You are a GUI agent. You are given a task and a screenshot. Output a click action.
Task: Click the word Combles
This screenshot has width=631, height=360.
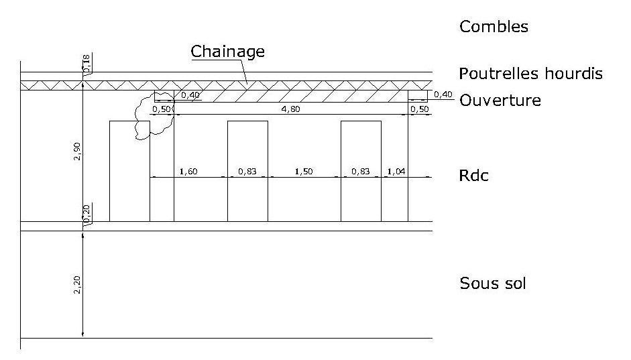click(494, 27)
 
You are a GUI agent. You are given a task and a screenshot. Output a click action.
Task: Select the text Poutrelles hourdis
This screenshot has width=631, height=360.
click(531, 73)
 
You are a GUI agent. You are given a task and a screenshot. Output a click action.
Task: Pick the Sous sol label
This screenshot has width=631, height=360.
click(493, 283)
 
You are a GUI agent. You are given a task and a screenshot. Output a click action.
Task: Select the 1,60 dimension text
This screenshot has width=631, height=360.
click(188, 172)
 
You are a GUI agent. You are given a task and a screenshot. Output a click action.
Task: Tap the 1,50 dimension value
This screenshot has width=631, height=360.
click(304, 172)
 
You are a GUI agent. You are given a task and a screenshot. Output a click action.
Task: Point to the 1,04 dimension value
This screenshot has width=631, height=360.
click(396, 172)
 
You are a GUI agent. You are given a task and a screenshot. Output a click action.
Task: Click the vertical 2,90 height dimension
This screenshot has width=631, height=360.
click(78, 152)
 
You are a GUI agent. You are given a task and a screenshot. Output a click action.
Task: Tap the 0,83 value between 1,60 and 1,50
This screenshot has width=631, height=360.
click(247, 172)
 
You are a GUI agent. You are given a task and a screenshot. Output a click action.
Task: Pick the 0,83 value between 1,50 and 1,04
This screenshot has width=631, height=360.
click(361, 172)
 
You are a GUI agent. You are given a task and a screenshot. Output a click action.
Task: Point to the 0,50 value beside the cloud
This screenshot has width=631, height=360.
click(162, 109)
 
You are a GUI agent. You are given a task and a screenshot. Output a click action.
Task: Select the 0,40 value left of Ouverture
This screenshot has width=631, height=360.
click(443, 95)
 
